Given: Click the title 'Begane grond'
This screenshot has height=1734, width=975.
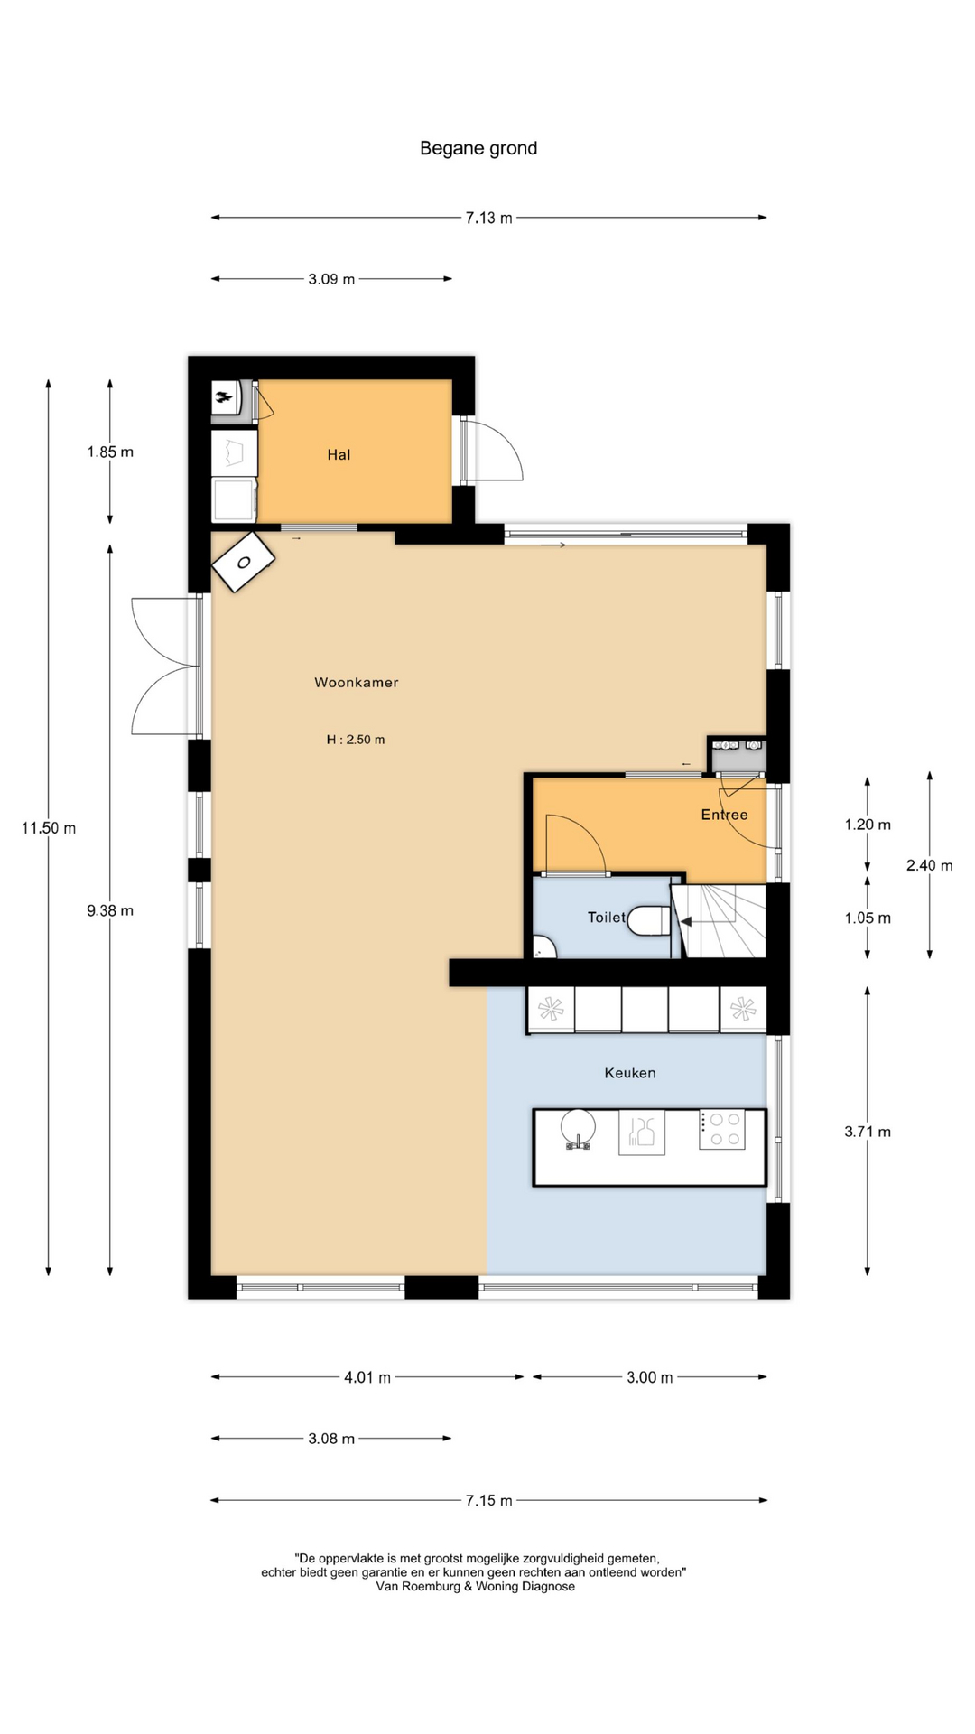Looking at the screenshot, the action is tap(478, 148).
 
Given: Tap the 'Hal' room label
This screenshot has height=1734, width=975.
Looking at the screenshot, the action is tap(339, 454).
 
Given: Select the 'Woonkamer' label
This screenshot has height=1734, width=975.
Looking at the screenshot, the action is tap(356, 682).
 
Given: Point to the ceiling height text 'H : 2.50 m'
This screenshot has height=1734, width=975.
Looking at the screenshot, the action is tap(356, 739).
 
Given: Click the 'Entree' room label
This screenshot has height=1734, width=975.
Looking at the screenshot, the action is tap(724, 815).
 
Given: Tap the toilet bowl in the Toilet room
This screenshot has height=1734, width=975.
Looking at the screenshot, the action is tap(649, 920).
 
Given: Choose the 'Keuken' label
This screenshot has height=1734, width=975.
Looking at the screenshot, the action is tap(630, 1073).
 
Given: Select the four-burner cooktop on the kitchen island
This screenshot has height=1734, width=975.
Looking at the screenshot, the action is tap(722, 1129).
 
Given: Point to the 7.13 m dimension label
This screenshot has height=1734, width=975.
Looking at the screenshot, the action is tap(488, 218).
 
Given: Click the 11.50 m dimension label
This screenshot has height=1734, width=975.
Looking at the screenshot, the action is tap(49, 828).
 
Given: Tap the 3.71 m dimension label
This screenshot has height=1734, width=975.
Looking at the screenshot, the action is tap(868, 1132).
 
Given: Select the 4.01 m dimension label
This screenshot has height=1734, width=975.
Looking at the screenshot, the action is tap(367, 1377).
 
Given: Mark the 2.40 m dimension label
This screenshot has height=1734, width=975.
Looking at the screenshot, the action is tap(930, 865).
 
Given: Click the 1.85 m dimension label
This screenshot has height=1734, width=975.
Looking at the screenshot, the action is tap(110, 452).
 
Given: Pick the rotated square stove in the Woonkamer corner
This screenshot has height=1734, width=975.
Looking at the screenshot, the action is tap(243, 562).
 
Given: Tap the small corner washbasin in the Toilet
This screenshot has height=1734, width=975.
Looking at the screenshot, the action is tap(543, 947).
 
